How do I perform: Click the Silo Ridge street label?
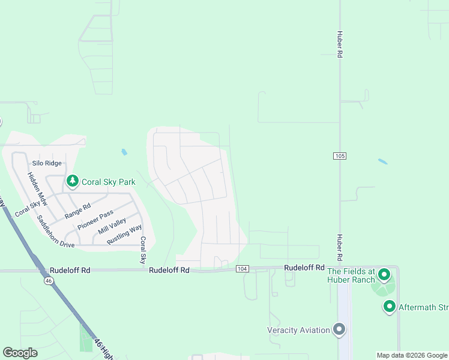[x=47, y=163]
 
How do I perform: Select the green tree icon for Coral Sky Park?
[x=73, y=181]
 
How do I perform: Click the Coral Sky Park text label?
[x=109, y=182]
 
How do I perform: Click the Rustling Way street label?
[x=124, y=234]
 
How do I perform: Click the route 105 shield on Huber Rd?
[x=340, y=156]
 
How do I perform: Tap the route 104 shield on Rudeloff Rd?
[x=243, y=268]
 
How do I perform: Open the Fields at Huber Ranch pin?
[x=384, y=275]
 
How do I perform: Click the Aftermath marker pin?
[x=389, y=307]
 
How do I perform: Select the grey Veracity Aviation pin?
[x=339, y=329]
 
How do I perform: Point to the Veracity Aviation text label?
[x=298, y=330]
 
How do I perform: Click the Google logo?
[x=20, y=352]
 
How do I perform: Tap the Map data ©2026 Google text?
[x=412, y=355]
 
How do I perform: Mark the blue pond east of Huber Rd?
[x=382, y=161]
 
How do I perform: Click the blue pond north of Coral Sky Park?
[x=124, y=152]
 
